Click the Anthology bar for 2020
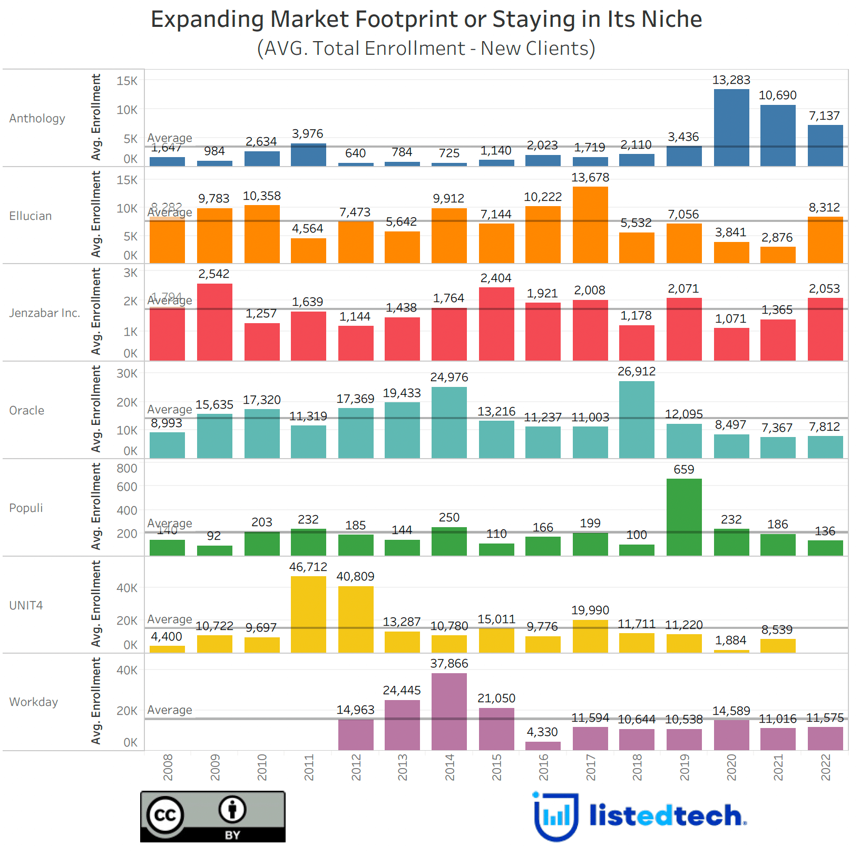[731, 128]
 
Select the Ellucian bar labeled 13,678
[590, 225]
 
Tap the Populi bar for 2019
[684, 517]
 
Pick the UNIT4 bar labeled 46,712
[308, 615]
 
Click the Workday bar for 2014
[449, 712]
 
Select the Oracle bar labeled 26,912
[637, 420]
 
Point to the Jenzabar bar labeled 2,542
[214, 322]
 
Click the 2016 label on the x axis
[543, 768]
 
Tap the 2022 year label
[825, 768]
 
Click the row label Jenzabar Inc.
[45, 313]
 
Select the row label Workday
[34, 702]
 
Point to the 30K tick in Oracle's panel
[127, 374]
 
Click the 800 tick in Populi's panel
[127, 469]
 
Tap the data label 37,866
[449, 664]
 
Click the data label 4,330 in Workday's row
[542, 732]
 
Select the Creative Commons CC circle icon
[165, 816]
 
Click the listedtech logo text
[666, 816]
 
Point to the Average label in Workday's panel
[170, 710]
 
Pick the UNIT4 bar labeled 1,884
[731, 652]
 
